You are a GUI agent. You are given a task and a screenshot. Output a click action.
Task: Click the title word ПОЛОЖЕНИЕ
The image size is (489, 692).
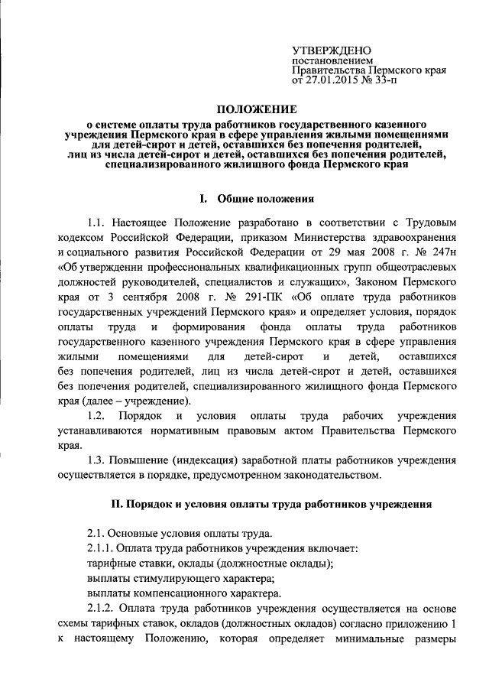(244, 109)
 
